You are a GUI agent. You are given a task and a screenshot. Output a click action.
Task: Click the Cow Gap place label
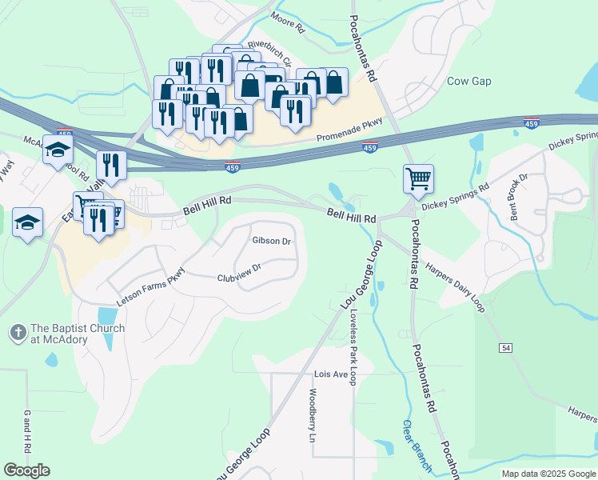click(468, 82)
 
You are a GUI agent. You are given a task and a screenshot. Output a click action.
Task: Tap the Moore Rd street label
click(288, 22)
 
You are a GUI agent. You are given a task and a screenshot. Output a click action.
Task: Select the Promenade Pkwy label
click(352, 127)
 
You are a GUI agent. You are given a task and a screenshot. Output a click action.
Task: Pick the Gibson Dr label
click(271, 241)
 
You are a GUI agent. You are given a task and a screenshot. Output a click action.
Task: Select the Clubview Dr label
click(240, 274)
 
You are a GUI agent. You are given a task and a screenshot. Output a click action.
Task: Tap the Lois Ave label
click(331, 374)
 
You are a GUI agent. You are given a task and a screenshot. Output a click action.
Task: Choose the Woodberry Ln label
click(313, 415)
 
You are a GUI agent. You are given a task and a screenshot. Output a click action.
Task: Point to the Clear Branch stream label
click(417, 445)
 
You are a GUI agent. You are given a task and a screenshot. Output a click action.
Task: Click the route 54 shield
click(507, 348)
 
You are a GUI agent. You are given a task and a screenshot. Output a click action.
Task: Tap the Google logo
click(26, 470)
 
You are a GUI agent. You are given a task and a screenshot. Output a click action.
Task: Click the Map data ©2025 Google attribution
click(548, 474)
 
